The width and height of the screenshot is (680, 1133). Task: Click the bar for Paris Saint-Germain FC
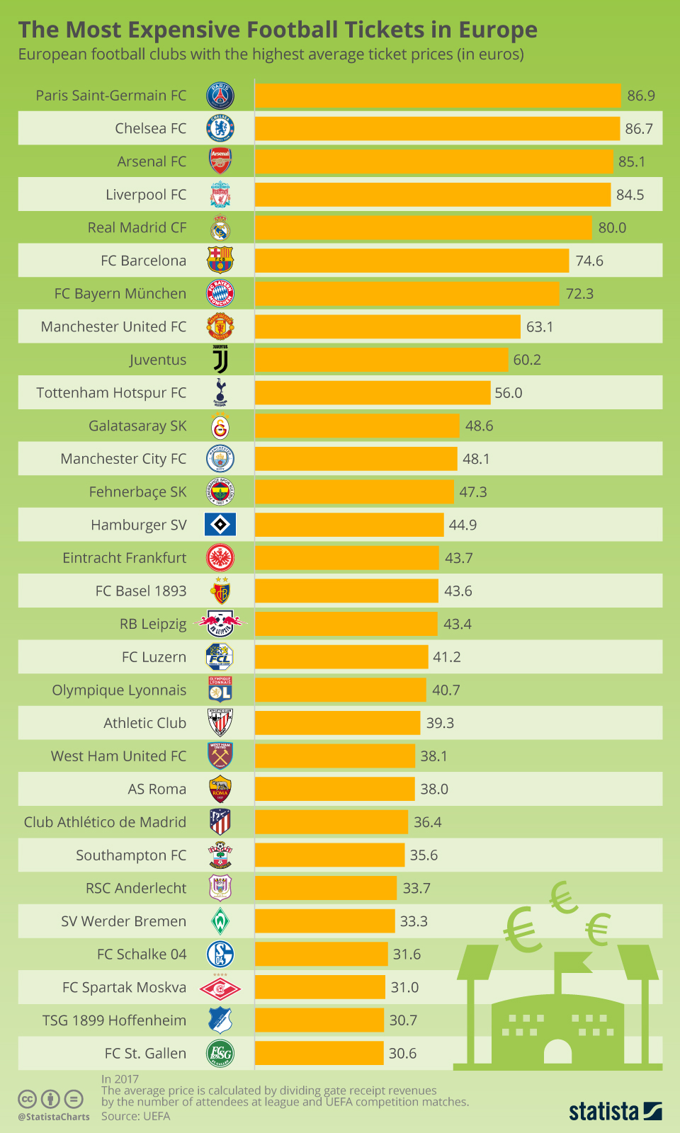[x=438, y=96]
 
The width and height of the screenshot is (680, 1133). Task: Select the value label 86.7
[x=638, y=129]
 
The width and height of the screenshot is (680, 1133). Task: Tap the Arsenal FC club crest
[x=220, y=161]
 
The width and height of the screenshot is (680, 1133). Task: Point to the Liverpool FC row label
[x=146, y=195]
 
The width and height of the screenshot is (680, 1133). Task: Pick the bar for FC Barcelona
[x=412, y=261]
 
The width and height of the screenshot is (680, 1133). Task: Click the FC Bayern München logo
[x=220, y=294]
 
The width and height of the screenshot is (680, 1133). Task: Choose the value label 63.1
[x=539, y=327]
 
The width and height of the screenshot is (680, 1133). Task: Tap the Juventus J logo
[x=220, y=360]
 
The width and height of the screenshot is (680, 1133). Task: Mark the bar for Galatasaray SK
[x=357, y=426]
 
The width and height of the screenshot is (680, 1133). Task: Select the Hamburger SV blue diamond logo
[x=220, y=525]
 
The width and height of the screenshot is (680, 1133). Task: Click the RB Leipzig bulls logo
[x=220, y=624]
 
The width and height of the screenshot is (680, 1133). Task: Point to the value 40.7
[x=446, y=690]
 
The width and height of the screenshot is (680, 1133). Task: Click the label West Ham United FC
[x=118, y=756]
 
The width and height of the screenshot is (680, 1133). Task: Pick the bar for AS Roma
[x=334, y=789]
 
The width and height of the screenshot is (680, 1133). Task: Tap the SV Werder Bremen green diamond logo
[x=220, y=921]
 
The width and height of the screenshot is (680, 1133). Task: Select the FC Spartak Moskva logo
[x=220, y=988]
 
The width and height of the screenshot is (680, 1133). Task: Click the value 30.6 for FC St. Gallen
[x=402, y=1054]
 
